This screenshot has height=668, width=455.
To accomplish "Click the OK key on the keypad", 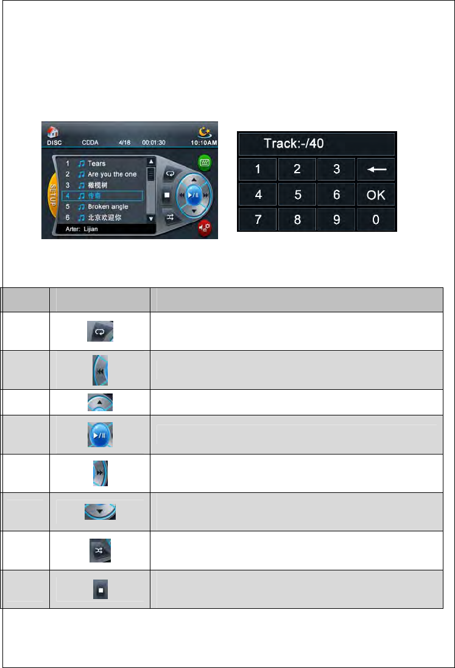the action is (376, 195).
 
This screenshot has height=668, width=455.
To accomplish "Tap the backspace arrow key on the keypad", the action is (376, 169).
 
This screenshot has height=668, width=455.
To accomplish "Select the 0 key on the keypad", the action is (376, 220).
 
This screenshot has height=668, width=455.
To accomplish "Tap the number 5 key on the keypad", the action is (297, 195).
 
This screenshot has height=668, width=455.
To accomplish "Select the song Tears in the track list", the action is (96, 163).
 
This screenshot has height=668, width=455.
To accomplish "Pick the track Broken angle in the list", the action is (107, 207).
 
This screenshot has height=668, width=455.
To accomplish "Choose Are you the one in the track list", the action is (112, 174).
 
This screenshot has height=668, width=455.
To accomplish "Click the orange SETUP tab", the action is (52, 195).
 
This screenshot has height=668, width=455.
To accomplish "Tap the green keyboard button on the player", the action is (205, 162).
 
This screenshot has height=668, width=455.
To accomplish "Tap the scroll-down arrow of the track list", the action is (151, 218).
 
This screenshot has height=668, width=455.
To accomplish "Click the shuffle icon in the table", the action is (100, 551).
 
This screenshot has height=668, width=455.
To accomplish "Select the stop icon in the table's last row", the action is (100, 590).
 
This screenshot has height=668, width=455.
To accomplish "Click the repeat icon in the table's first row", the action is (100, 331).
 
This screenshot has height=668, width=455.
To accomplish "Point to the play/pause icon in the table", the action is (100, 435).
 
